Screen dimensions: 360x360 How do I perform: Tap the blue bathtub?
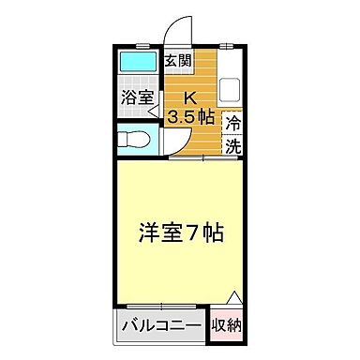click(x=141, y=66)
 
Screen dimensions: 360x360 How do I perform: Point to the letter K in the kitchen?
click(x=189, y=97)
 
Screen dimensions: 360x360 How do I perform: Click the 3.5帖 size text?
click(x=191, y=117)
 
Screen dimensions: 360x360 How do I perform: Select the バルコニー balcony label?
click(x=161, y=326)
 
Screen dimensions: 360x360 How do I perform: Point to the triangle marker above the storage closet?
click(x=234, y=298)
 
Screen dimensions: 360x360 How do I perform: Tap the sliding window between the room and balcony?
click(x=161, y=307)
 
